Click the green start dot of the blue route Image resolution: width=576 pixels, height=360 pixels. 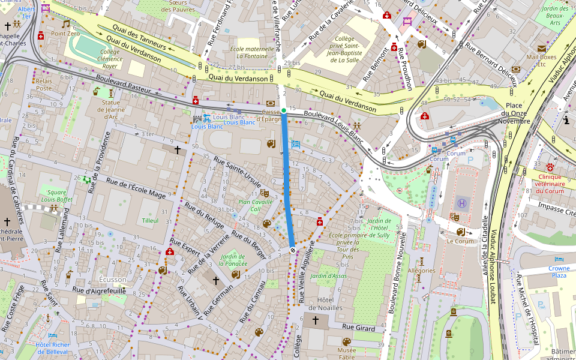point(284,110)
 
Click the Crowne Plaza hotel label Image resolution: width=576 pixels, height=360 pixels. point(559,271)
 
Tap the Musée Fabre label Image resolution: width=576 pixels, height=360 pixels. point(346,353)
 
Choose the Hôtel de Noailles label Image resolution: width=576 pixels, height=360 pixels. point(321,304)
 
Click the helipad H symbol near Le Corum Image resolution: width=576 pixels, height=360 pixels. point(461,203)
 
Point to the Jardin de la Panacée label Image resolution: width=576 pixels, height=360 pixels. point(233,260)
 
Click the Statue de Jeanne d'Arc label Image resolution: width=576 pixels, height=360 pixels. point(110,109)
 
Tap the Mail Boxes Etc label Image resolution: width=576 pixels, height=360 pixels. point(541,60)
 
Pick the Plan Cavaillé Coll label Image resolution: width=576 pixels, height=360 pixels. point(256,206)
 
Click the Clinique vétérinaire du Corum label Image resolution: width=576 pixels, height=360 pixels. point(550,184)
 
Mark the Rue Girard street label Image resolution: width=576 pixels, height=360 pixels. point(358,328)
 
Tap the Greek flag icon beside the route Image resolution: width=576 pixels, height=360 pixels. point(295,144)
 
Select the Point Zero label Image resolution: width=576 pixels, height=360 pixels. point(65,34)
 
